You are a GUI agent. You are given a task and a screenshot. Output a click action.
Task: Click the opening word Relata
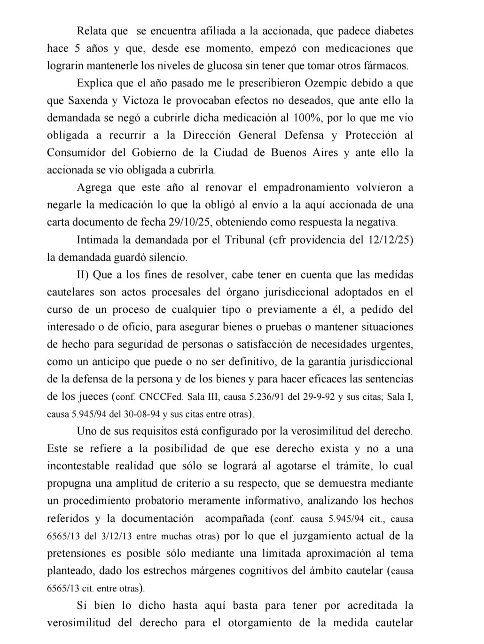pyautogui.click(x=93, y=31)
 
